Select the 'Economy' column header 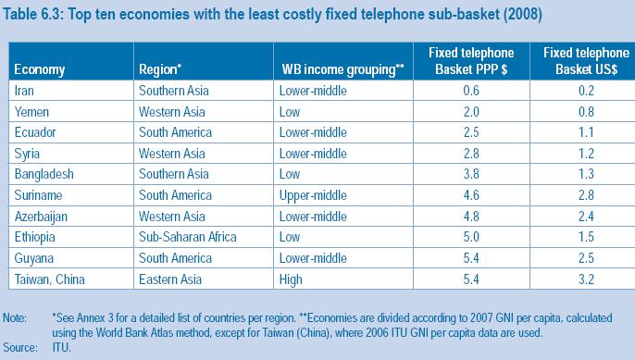pos(39,68)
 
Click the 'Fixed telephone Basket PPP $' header pos(477,60)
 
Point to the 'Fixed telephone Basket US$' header pos(585,60)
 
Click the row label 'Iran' pos(27,90)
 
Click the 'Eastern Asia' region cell pos(173,279)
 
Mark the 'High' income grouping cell pos(293,279)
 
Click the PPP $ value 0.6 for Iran pos(477,90)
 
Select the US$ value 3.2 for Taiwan pos(585,279)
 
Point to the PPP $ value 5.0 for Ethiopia pos(477,237)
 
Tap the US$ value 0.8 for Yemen pos(585,111)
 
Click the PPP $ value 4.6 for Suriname pos(477,194)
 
